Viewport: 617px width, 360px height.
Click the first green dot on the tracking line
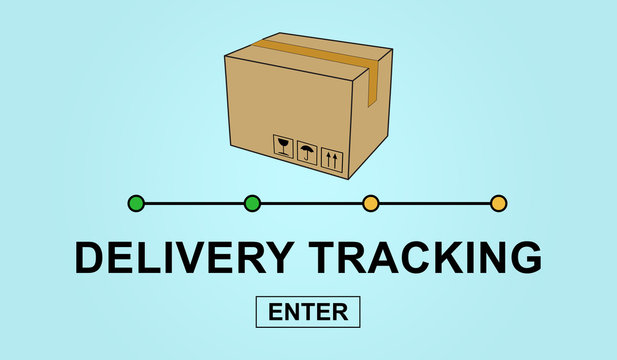point(136,204)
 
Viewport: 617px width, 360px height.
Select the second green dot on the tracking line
point(252,204)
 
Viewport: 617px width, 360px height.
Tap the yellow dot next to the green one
point(370,204)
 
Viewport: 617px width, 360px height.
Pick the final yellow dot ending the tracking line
point(498,204)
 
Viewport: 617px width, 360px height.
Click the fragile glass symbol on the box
point(284,148)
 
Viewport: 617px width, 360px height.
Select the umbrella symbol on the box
point(307,154)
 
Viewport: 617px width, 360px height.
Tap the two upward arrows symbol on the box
point(331,160)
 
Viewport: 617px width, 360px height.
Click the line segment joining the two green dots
point(194,204)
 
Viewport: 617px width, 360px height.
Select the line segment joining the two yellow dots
point(434,204)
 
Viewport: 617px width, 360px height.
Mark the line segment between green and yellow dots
point(311,204)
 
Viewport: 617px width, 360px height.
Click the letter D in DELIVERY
point(90,258)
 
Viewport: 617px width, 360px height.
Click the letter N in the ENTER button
point(291,312)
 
